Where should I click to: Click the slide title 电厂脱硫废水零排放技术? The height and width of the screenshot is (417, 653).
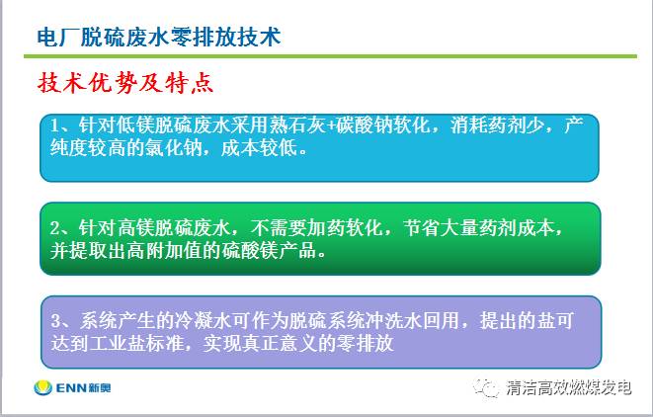coord(159,38)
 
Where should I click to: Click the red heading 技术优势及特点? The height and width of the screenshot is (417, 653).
coord(125,82)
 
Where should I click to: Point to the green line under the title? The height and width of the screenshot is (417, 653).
coord(330,56)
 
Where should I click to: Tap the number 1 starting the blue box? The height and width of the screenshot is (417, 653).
coord(55,125)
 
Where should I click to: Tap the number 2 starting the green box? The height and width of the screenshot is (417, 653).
coord(55,228)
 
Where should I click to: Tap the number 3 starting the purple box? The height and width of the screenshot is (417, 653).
coord(56,321)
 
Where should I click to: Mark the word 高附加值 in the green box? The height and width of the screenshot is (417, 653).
coord(165,251)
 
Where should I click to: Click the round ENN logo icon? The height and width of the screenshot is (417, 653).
coord(42,388)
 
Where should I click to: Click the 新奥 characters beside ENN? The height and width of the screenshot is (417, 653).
coord(100,388)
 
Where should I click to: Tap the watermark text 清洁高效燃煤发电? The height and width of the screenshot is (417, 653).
coord(569,387)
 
